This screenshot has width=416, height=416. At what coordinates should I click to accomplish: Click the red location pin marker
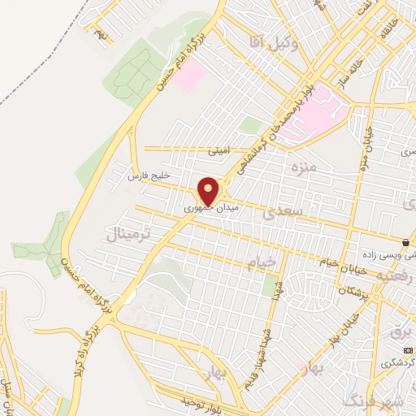(210, 191)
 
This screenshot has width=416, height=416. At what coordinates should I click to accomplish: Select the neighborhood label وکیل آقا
(275, 45)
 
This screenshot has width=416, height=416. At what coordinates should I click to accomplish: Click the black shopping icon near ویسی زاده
(405, 242)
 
